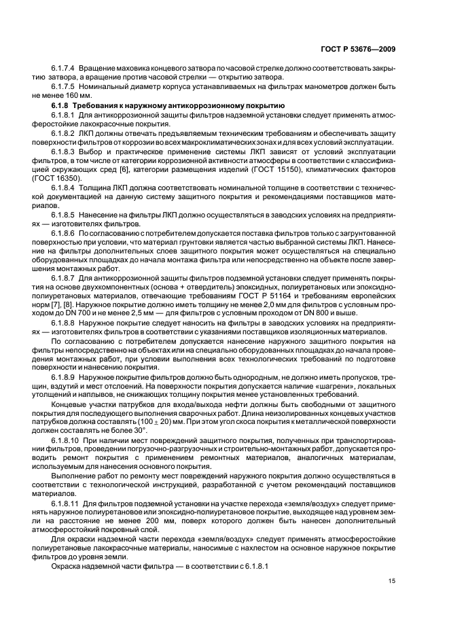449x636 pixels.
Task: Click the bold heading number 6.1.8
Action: (x=62, y=107)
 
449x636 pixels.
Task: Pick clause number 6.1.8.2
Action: (x=62, y=135)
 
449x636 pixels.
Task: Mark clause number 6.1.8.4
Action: (x=62, y=184)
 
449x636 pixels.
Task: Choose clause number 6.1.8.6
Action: (x=62, y=232)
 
